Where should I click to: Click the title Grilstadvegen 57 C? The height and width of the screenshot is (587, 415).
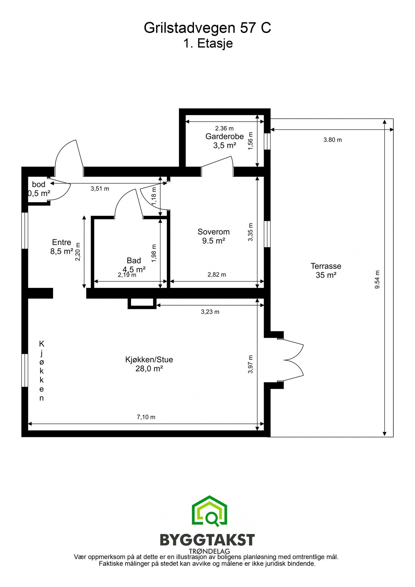(207, 28)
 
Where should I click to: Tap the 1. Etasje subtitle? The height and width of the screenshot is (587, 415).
(208, 43)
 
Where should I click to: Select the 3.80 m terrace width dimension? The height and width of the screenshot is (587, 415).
(332, 140)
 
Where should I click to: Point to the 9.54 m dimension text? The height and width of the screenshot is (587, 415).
(378, 279)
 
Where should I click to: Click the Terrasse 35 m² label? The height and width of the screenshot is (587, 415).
(326, 270)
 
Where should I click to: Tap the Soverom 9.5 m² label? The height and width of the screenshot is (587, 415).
(214, 236)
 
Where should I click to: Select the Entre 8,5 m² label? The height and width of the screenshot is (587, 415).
(62, 247)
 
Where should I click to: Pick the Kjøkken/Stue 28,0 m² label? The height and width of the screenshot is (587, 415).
(149, 364)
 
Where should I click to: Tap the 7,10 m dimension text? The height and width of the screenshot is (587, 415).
(146, 417)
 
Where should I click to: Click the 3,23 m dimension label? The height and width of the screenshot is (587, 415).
(210, 312)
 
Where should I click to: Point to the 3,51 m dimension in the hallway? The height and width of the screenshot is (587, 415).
(100, 188)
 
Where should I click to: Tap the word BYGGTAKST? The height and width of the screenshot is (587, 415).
(207, 540)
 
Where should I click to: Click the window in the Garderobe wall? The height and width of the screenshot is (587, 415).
(267, 141)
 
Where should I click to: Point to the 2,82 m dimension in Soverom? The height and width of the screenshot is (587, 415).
(216, 275)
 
